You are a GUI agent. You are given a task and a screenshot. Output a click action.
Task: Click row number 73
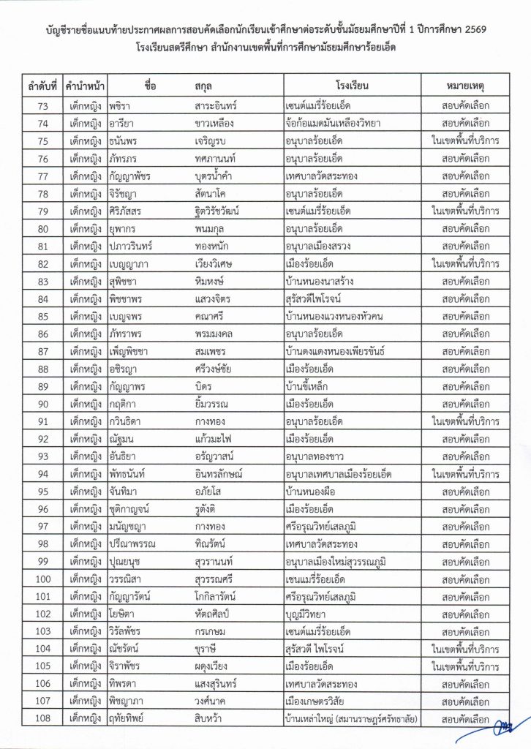pos(42,105)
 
